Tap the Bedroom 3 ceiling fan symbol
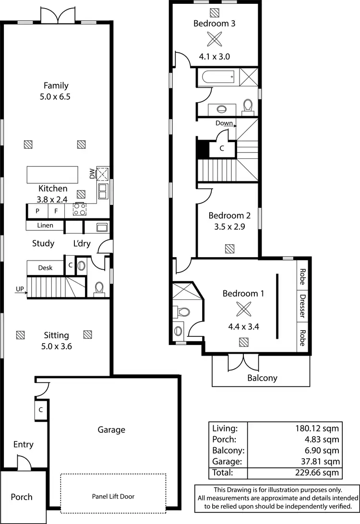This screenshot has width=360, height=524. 214,39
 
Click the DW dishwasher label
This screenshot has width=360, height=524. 92,174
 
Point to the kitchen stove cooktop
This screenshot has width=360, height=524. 80,210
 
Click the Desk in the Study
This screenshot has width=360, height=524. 45,268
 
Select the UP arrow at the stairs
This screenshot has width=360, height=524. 20,289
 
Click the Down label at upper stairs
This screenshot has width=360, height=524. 224,123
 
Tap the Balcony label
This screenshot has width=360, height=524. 262,378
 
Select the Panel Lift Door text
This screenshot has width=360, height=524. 112,497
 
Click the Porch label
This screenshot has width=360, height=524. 22,496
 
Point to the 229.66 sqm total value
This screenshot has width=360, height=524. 318,472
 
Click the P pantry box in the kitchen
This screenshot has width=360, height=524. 37,210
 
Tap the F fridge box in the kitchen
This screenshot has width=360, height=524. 56,210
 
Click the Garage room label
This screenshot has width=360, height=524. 111,429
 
